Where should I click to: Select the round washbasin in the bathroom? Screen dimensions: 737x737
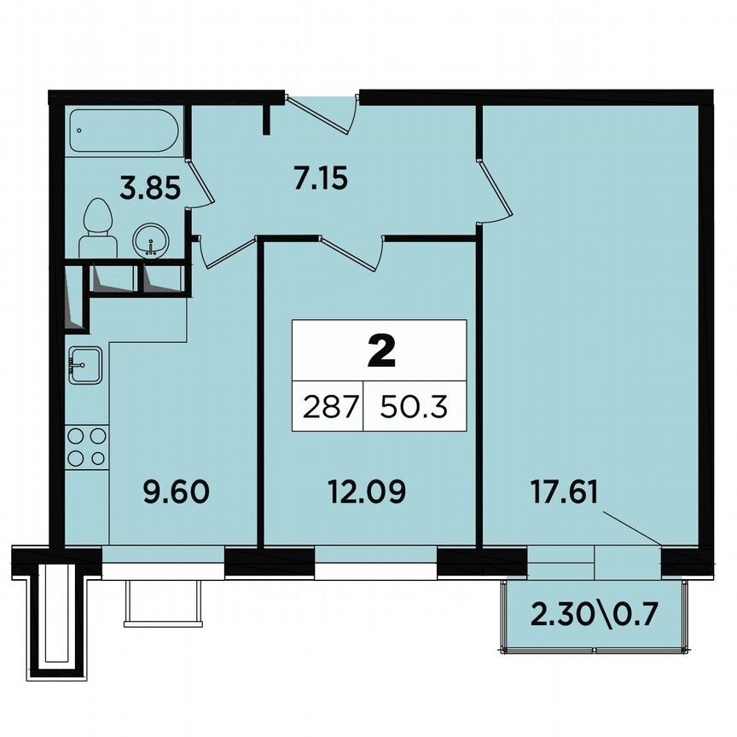pos(152,241)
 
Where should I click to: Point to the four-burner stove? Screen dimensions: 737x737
pos(87,446)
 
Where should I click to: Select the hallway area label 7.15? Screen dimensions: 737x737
pos(316,180)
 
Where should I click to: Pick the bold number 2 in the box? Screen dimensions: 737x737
pos(380,351)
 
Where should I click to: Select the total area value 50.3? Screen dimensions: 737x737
pos(415,408)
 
